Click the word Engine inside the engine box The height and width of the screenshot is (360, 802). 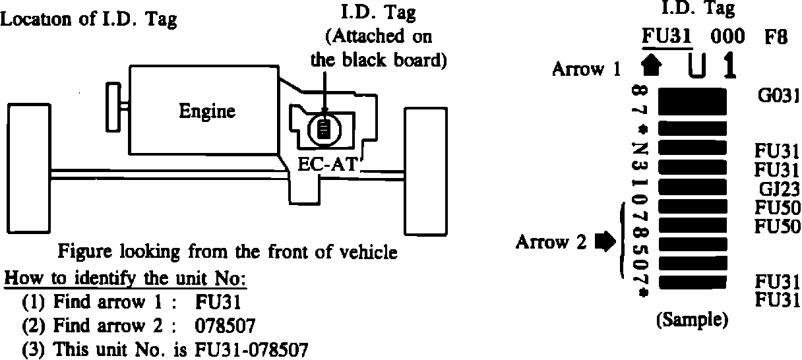(206, 111)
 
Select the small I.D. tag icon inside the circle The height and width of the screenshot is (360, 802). (323, 128)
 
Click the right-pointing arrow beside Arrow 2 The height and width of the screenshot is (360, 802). (603, 243)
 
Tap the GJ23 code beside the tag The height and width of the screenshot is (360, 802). (779, 189)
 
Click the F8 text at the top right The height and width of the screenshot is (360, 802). (776, 37)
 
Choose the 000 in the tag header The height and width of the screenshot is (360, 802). (727, 37)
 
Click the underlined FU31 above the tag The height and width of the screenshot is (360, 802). (667, 37)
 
